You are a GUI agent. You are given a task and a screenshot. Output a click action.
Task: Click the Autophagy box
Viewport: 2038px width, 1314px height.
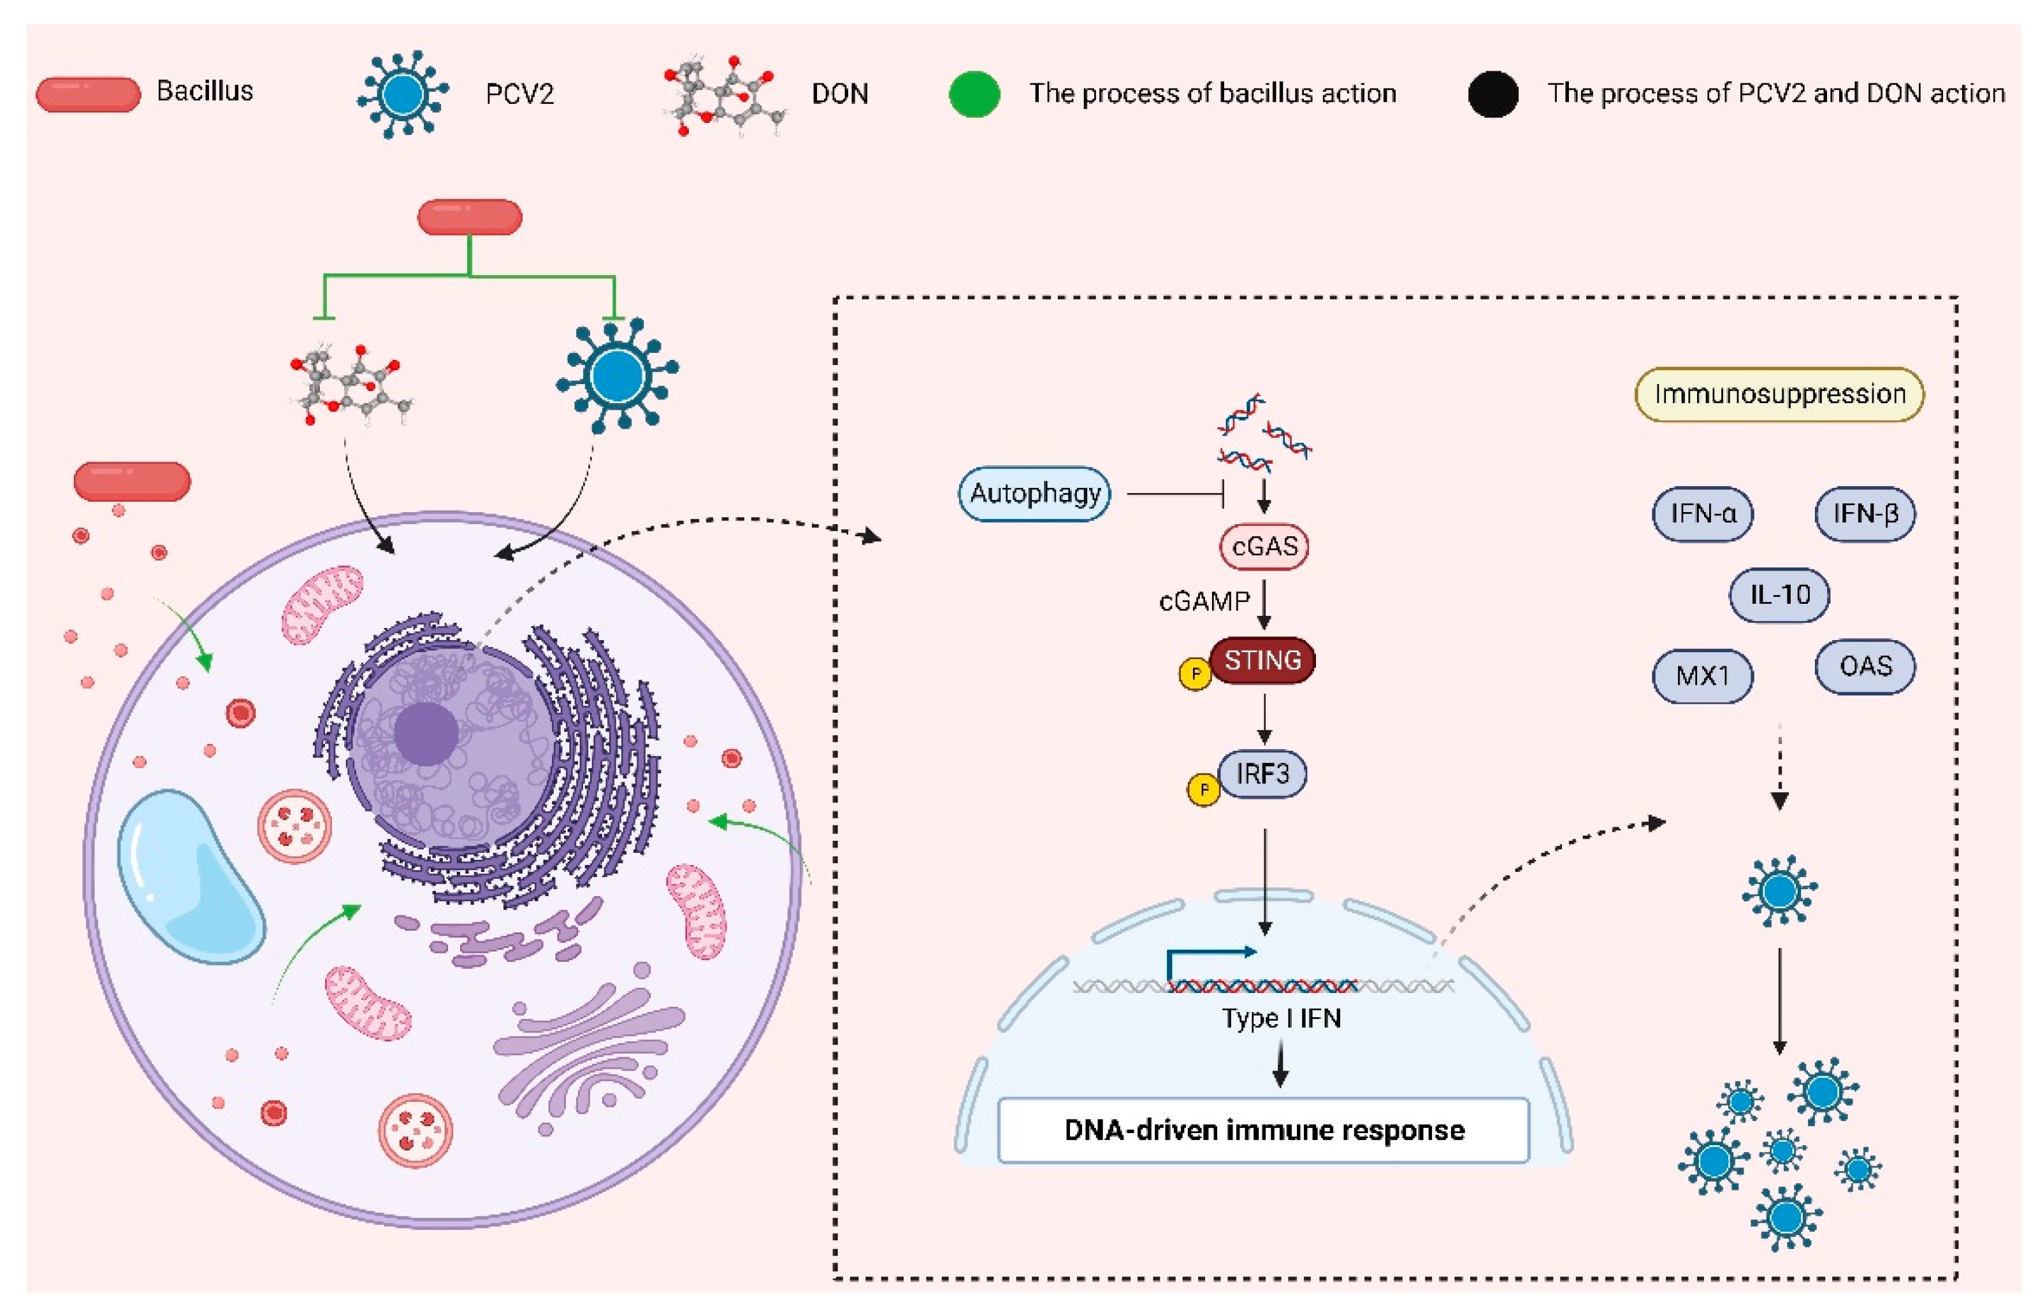[1034, 493]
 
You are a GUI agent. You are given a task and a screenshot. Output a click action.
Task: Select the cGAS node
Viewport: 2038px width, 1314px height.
[1264, 546]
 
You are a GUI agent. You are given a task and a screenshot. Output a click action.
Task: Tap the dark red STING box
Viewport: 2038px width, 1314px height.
[1263, 661]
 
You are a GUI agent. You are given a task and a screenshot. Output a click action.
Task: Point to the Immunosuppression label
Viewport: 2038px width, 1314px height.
[1779, 394]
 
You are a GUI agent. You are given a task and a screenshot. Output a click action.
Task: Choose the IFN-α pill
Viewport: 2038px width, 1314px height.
[1703, 513]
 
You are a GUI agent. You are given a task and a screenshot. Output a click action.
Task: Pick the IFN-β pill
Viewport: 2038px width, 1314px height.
[1865, 513]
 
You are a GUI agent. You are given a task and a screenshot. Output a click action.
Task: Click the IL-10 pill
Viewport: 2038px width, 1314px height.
[1779, 595]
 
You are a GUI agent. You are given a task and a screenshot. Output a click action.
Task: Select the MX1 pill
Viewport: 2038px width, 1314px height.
[1703, 676]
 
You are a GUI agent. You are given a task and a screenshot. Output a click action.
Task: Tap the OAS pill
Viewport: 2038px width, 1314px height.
[1865, 666]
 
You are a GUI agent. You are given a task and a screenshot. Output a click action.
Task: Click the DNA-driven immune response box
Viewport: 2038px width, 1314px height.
[1263, 1130]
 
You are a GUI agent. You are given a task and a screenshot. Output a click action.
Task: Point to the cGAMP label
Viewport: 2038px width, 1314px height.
[1203, 601]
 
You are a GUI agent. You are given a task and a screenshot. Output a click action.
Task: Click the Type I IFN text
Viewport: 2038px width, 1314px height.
[1281, 1018]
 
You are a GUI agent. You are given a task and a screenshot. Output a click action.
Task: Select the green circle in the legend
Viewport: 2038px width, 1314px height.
[974, 94]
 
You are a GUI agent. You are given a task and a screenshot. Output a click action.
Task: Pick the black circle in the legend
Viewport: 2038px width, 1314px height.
[1492, 94]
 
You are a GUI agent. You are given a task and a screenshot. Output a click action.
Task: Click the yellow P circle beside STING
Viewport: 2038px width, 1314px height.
[1195, 674]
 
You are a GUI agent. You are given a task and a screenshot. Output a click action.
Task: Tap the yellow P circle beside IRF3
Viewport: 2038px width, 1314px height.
[1203, 789]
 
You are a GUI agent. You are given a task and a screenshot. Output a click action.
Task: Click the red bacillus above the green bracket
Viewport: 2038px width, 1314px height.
[470, 217]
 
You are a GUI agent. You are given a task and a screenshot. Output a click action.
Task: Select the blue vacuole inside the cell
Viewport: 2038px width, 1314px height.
[189, 877]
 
